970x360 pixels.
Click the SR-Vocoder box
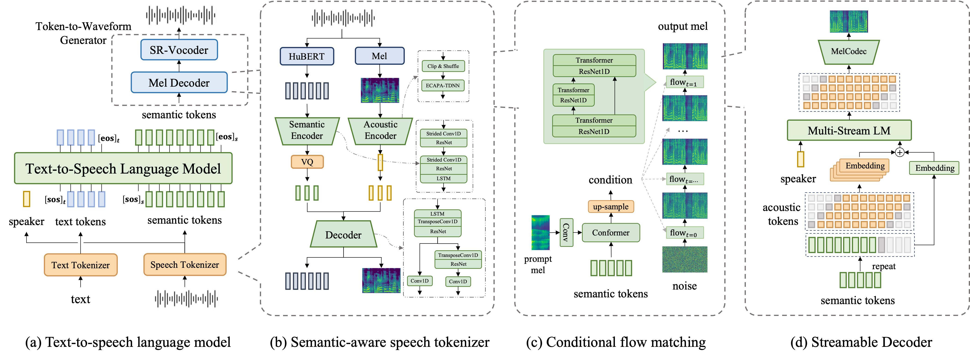point(179,50)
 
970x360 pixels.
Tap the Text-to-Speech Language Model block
point(123,168)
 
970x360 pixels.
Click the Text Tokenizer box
point(81,265)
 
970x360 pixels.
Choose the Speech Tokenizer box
point(185,265)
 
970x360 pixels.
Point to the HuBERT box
point(307,56)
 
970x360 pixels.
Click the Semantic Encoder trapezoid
point(307,130)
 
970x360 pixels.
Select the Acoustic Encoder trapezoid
point(380,130)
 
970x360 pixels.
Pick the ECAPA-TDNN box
point(442,85)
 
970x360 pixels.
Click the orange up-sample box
point(610,207)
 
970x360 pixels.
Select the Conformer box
point(610,233)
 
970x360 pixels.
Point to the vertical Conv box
point(566,232)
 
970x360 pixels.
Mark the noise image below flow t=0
point(685,259)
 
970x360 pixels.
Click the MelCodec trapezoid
point(848,52)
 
